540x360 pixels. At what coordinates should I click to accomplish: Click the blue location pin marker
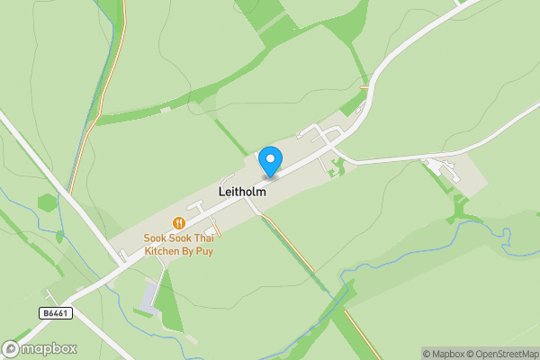[x=270, y=161]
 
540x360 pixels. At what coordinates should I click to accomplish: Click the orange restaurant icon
[x=179, y=223]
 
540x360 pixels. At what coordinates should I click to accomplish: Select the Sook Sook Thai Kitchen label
[x=179, y=244]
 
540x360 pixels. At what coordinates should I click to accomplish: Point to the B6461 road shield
[x=55, y=312]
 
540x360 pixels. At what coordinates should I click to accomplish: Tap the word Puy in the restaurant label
[x=203, y=250]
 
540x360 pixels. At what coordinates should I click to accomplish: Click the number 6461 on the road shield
[x=58, y=312]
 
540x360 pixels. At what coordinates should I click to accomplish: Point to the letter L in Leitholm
[x=221, y=192]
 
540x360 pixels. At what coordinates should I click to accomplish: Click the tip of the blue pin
[x=270, y=175]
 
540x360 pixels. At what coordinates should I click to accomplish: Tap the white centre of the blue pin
[x=270, y=158]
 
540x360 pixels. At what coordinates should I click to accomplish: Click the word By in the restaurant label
[x=187, y=250]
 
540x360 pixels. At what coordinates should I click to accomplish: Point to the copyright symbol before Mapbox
[x=427, y=354]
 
